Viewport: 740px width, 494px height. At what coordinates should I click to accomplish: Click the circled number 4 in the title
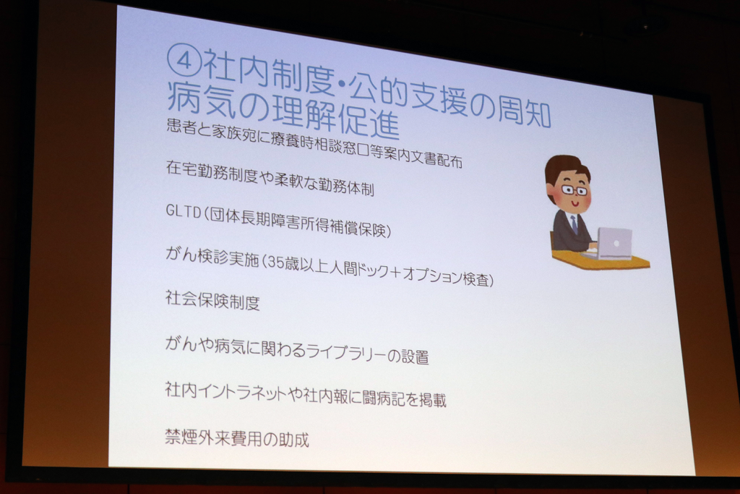click(184, 62)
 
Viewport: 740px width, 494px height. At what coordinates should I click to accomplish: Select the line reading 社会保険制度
click(212, 300)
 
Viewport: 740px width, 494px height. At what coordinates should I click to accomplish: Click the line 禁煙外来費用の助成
click(237, 438)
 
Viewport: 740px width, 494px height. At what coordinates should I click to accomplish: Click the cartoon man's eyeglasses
click(575, 190)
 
